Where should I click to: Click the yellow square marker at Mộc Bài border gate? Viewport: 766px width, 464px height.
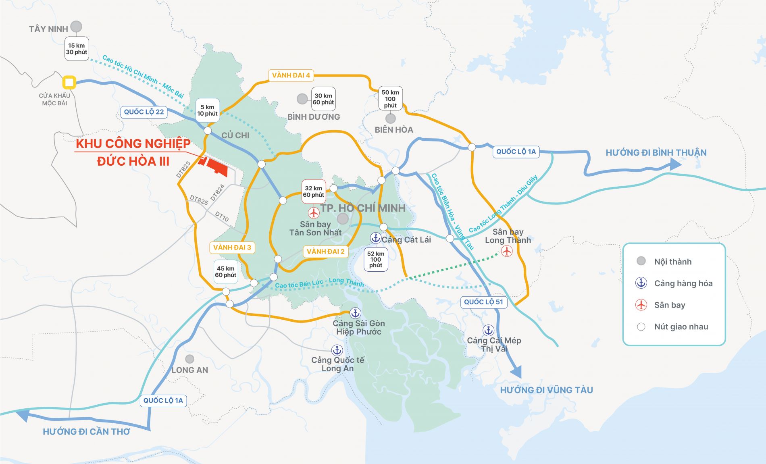[69, 83]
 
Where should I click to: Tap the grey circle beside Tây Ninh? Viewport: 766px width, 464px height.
[76, 27]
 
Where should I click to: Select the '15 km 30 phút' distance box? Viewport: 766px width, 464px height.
[77, 49]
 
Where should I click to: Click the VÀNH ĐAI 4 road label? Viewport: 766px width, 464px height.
[291, 75]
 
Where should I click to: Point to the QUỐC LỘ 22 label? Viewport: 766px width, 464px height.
[144, 112]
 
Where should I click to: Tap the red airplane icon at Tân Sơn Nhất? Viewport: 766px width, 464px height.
[314, 212]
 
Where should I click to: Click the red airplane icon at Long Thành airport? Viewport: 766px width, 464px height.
[507, 251]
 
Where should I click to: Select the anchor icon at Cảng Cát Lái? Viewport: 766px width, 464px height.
[376, 238]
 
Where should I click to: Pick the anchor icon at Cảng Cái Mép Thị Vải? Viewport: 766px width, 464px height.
[489, 331]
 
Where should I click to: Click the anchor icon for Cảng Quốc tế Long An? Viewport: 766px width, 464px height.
[337, 350]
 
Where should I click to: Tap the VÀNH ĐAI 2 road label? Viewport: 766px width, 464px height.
[325, 252]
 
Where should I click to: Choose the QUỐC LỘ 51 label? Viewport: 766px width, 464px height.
[483, 302]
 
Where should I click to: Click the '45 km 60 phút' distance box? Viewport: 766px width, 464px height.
[225, 272]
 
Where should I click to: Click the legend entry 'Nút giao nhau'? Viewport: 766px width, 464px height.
[681, 327]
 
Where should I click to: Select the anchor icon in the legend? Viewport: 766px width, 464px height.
[641, 283]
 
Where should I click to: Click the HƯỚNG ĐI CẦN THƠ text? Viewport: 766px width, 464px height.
[86, 432]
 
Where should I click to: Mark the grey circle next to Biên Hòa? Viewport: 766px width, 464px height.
[390, 119]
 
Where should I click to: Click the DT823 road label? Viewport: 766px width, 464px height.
[183, 170]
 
